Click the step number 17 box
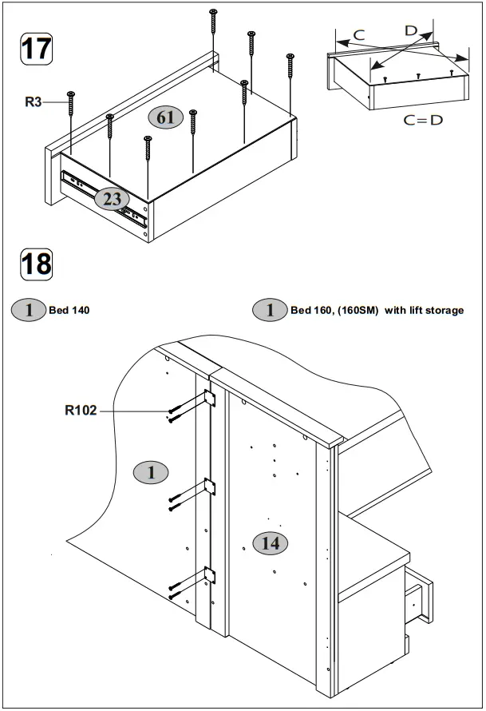(x=36, y=48)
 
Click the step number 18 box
(x=36, y=263)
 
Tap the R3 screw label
(x=34, y=101)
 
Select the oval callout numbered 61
(x=166, y=117)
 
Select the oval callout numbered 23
(x=112, y=199)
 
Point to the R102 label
(x=81, y=411)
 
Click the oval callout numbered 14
(x=271, y=543)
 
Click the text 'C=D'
(x=423, y=120)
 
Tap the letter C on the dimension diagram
(x=358, y=34)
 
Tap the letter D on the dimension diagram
(x=411, y=30)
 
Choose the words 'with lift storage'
(x=424, y=310)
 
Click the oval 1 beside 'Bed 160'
(x=271, y=310)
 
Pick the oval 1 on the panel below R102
(x=151, y=472)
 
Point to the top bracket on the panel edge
(x=210, y=399)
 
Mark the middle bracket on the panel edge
(x=211, y=486)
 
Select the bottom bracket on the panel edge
(x=211, y=574)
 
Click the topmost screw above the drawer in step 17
(x=213, y=20)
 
